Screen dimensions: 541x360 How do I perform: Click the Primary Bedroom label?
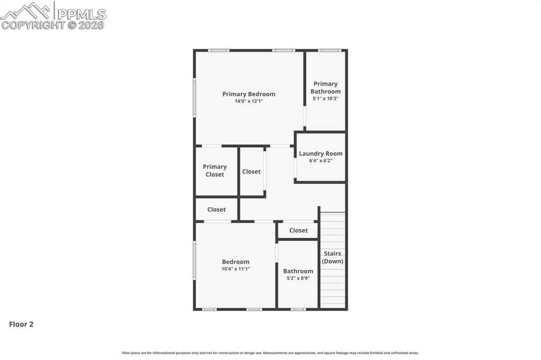(x=249, y=94)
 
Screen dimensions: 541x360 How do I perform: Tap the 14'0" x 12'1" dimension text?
(x=249, y=101)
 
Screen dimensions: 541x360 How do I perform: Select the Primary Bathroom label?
(x=325, y=88)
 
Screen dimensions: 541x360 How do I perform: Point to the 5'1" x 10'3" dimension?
(x=325, y=99)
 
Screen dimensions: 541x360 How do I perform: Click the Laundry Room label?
(x=321, y=154)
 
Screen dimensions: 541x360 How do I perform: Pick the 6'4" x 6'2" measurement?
(x=321, y=160)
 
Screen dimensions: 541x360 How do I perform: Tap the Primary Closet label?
(x=214, y=170)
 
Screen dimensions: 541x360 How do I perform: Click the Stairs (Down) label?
(x=333, y=257)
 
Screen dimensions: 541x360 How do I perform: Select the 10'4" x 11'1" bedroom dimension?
(x=236, y=269)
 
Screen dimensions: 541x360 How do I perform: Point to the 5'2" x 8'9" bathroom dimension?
(x=298, y=278)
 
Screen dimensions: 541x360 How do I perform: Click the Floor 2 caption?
(x=21, y=324)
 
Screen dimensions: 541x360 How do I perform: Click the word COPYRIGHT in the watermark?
(x=33, y=25)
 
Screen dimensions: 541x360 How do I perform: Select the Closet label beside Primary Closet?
(x=251, y=172)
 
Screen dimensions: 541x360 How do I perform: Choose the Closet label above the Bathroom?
(x=299, y=230)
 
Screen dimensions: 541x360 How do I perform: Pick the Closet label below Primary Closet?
(x=216, y=210)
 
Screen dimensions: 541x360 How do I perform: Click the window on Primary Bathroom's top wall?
(x=330, y=51)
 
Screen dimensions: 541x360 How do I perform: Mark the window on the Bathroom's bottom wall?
(x=298, y=309)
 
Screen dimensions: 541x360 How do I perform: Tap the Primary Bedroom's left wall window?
(x=194, y=97)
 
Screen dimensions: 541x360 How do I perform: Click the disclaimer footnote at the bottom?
(x=270, y=353)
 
